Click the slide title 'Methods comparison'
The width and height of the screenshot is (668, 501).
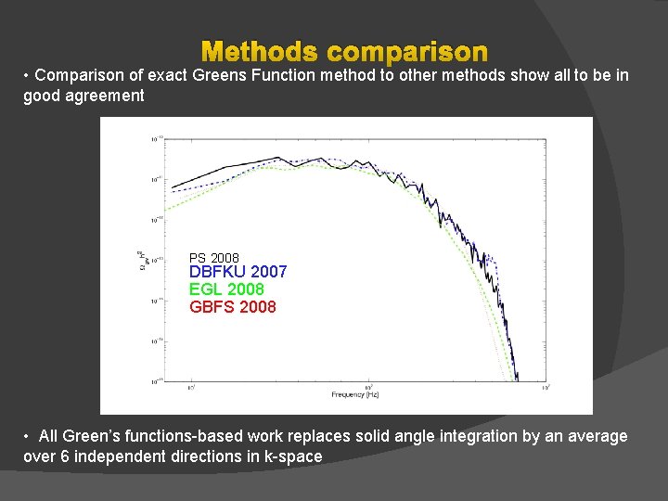344,51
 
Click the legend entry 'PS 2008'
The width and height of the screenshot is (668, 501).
214,258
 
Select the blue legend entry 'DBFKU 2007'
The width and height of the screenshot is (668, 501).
238,272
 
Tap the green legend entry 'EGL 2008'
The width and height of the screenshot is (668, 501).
226,289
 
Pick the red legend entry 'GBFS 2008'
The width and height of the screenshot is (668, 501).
232,307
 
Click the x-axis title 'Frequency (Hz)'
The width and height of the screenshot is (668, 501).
355,395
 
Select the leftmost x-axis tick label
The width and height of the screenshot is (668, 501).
191,387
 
